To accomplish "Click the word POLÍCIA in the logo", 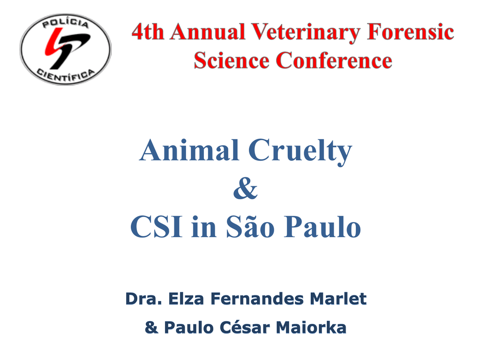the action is click(x=66, y=22).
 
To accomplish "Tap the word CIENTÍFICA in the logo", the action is click(x=66, y=75).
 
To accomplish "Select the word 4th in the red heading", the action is click(x=148, y=32).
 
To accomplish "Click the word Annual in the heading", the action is click(x=208, y=32).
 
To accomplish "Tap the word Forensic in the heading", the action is click(x=410, y=32).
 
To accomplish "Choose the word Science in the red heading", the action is click(x=232, y=60).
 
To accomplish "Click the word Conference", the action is click(x=334, y=60).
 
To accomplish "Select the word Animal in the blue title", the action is click(x=189, y=150).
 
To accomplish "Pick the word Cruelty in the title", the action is click(x=300, y=152).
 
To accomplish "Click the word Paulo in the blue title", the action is click(x=322, y=227).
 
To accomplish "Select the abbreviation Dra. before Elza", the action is click(x=143, y=299).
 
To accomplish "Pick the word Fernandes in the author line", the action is click(x=256, y=299).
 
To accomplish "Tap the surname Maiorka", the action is click(x=311, y=327).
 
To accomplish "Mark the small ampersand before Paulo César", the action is click(x=151, y=327).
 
